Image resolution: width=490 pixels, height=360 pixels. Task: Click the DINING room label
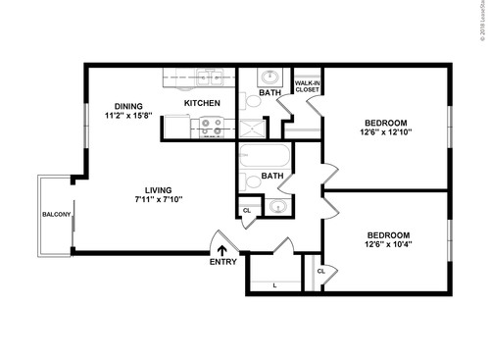click(x=127, y=106)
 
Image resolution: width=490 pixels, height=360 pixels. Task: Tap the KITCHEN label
click(x=202, y=103)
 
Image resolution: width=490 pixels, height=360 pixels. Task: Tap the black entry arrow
click(x=222, y=250)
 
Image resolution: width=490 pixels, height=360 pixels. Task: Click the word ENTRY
click(x=222, y=264)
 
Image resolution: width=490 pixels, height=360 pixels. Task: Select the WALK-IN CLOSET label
click(x=308, y=87)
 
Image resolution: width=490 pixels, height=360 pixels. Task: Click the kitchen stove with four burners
click(x=210, y=127)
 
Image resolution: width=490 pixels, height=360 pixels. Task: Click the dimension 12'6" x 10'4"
click(x=389, y=245)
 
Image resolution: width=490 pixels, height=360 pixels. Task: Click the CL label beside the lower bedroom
click(x=320, y=271)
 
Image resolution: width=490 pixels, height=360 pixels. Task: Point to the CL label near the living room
click(x=247, y=209)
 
